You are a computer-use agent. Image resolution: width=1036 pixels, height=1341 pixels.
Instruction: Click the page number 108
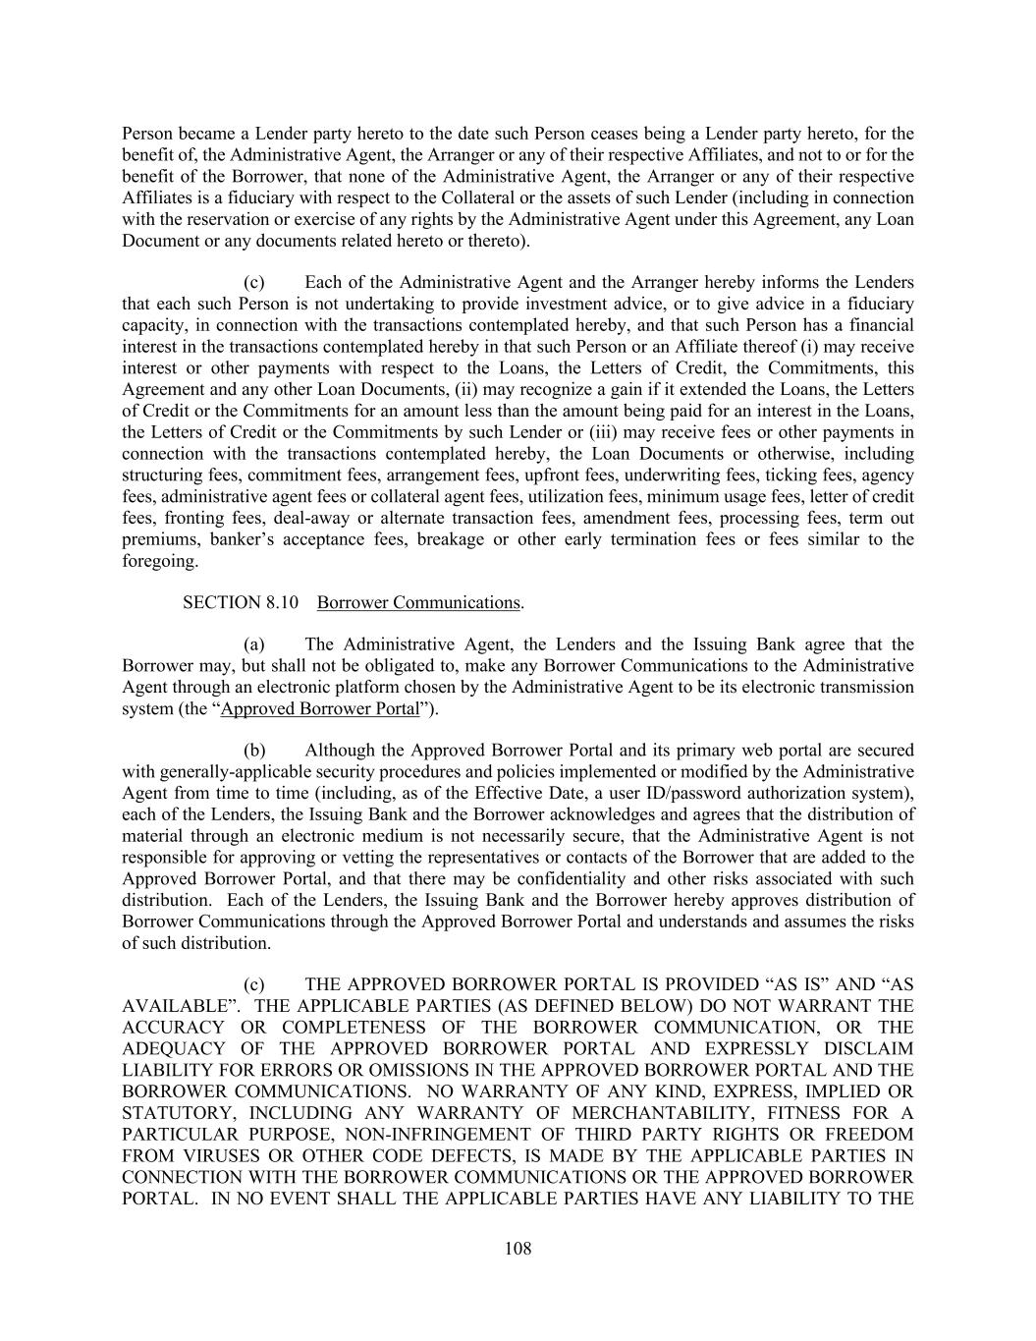point(518,1249)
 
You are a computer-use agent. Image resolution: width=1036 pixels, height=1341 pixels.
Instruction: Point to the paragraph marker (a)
point(254,644)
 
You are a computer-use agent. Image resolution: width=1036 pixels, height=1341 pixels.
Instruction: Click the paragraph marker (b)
point(254,751)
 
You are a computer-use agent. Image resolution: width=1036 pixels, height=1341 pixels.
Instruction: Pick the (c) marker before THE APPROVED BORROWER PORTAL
point(254,984)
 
